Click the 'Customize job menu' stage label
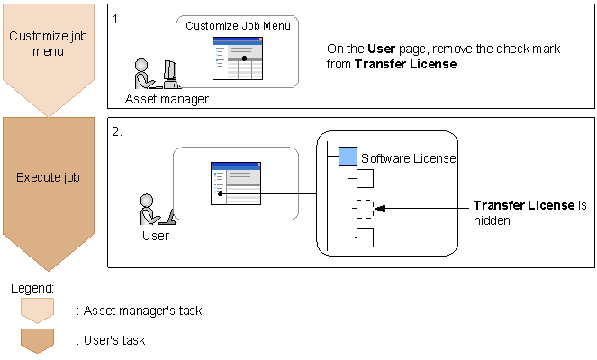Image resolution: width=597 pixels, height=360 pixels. coord(48,43)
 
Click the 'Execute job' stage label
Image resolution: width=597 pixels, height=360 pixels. coord(48,177)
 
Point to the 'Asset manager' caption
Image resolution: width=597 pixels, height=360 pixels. coord(167,99)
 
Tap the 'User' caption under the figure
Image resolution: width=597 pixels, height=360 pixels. coord(155,237)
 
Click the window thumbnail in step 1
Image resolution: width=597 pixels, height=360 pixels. coord(238,59)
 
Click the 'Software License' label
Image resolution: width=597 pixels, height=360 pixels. coord(408,158)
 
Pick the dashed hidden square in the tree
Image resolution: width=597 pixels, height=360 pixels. coord(364,209)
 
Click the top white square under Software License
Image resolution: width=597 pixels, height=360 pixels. coord(365,177)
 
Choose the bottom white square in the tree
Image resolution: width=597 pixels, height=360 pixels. coord(365,238)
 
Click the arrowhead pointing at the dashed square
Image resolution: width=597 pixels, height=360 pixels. coord(380,209)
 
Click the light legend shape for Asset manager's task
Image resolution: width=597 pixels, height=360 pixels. coord(37,310)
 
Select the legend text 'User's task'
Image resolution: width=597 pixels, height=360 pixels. coord(114,340)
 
